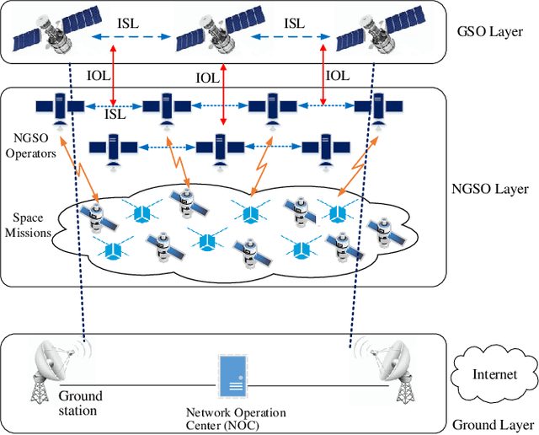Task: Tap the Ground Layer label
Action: tap(494, 424)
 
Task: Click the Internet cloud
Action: tap(494, 375)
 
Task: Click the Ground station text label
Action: tap(81, 403)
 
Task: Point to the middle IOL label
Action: tap(208, 78)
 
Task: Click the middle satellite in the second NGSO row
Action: tap(220, 147)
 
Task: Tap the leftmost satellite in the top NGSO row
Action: tap(59, 108)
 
